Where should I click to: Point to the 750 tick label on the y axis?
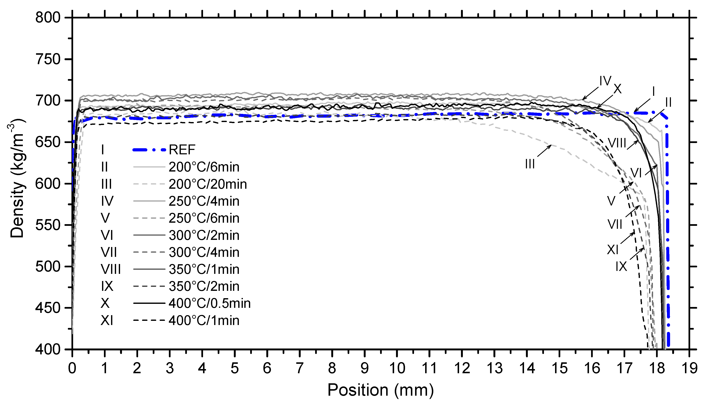tap(48, 60)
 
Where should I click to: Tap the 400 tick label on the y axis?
tap(48, 349)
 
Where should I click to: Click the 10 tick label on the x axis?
tap(397, 368)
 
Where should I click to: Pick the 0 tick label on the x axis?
tap(72, 368)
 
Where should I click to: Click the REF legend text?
tap(182, 150)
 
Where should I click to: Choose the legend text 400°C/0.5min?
tap(210, 303)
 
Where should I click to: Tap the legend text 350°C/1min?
tap(204, 269)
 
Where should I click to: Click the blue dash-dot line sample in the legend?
tap(149, 150)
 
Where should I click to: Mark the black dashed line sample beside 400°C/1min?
tap(149, 320)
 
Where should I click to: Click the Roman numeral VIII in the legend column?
tap(111, 269)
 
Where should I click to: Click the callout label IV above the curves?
tap(605, 81)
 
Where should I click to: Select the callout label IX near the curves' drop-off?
tap(621, 267)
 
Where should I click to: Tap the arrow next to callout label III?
tap(544, 151)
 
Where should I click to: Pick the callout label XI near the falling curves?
tap(613, 250)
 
